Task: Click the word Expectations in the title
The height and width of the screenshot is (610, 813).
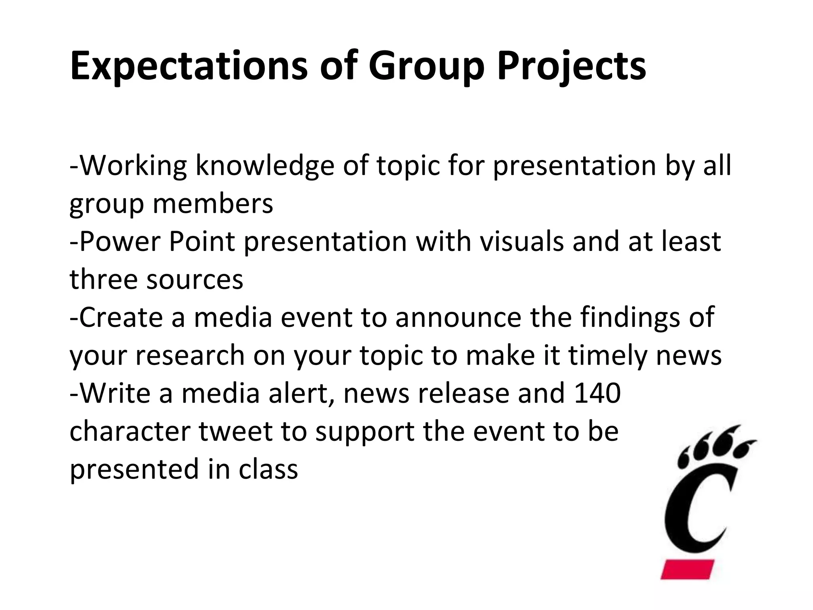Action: [189, 66]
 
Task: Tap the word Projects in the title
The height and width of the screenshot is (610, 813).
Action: [571, 66]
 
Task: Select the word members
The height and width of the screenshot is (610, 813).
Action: [213, 203]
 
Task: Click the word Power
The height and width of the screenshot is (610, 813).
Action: [119, 241]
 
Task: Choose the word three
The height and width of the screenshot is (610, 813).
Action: [103, 279]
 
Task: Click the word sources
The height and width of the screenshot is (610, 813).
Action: [195, 279]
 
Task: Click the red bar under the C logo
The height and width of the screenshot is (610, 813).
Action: [687, 569]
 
